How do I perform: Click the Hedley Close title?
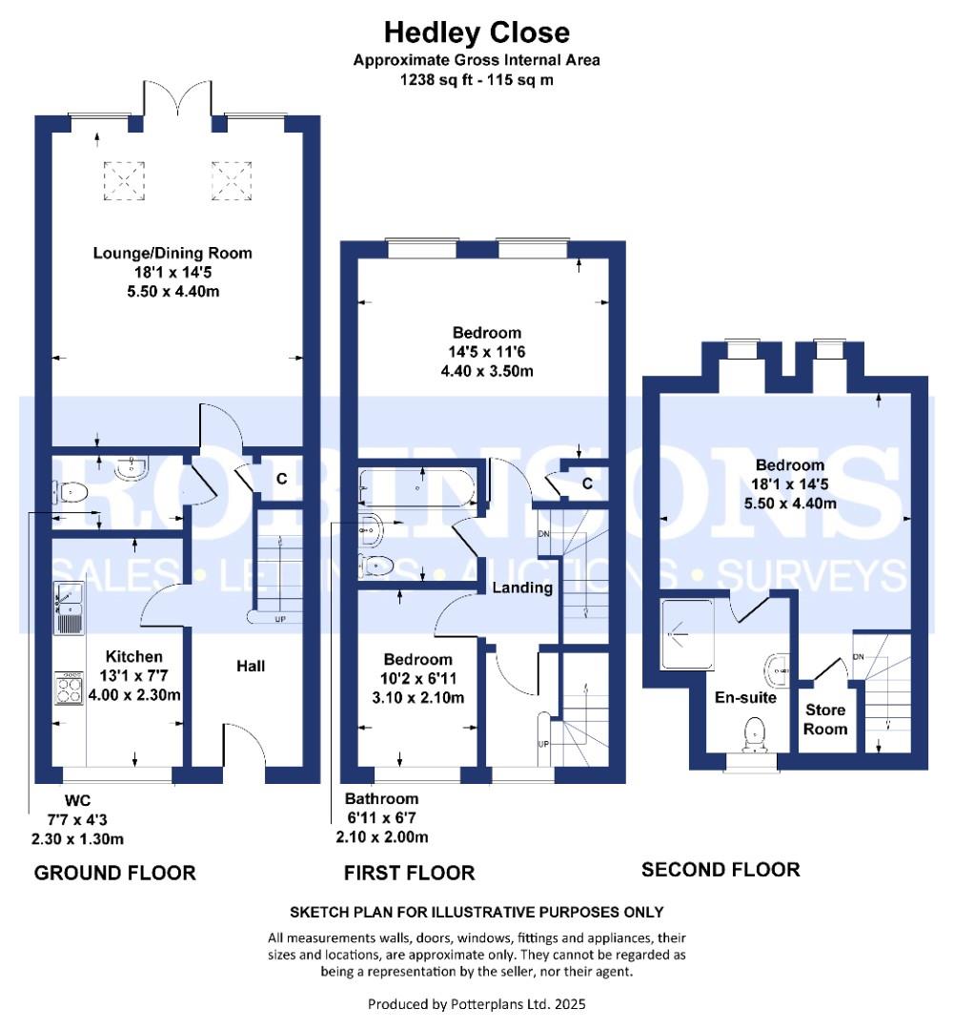[477, 32]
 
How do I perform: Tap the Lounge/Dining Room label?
[173, 253]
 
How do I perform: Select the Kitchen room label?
[134, 656]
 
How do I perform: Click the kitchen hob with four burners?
[69, 688]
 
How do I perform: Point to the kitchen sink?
[69, 608]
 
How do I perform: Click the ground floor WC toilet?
[71, 491]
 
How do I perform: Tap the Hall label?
[251, 666]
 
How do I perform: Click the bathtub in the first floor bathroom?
[416, 486]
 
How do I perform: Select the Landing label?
[522, 587]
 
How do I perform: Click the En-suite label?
[745, 697]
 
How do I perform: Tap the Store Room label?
[825, 719]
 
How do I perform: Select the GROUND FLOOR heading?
[115, 873]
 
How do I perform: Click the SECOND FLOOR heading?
[721, 870]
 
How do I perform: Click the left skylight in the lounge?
[124, 181]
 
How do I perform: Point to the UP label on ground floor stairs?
[279, 620]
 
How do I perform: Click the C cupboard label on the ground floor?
[282, 479]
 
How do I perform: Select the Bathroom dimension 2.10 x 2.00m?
[382, 837]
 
